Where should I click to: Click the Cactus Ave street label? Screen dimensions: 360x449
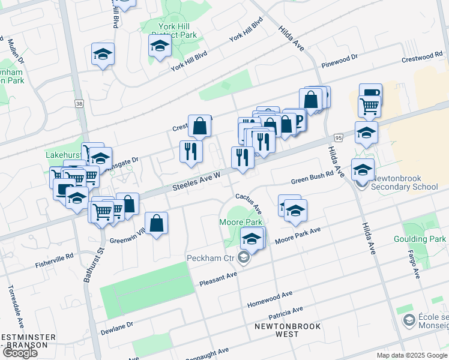tap(249, 203)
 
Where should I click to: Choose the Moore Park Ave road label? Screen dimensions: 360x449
tap(298, 236)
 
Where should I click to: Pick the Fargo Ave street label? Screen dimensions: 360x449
tap(414, 264)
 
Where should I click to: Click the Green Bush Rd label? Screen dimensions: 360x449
tap(312, 179)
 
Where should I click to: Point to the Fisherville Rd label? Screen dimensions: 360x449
tap(53, 259)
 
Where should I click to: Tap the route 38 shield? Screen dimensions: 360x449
tap(79, 104)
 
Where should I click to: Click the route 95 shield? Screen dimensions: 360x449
tap(339, 138)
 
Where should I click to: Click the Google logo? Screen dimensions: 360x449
tap(20, 353)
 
